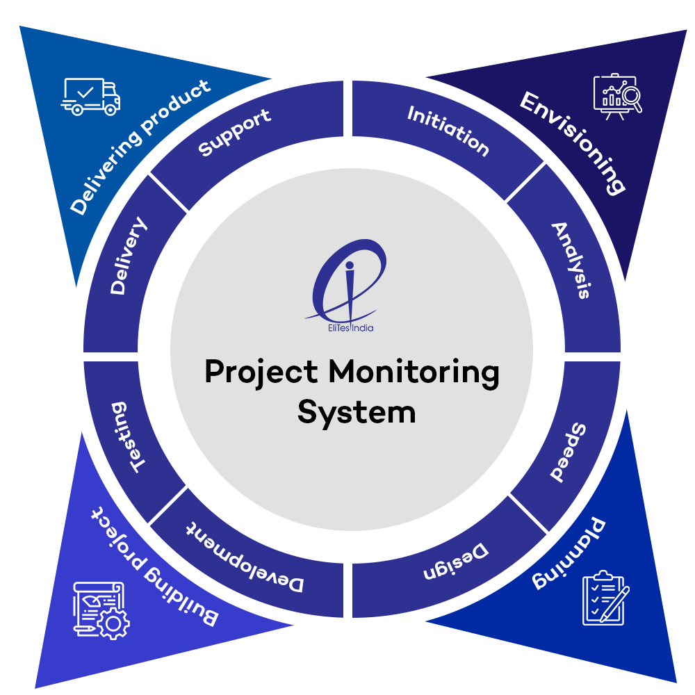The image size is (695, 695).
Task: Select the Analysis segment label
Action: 571,260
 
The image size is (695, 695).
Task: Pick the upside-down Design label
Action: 456,562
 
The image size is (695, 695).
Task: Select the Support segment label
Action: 234,132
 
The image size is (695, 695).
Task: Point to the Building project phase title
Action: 154,566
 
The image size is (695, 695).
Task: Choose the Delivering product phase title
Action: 140,147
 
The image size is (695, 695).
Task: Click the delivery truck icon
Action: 91,96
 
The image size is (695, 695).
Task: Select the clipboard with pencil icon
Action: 604,597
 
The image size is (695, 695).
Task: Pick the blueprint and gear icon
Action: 101,609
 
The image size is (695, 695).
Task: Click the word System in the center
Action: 357,411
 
